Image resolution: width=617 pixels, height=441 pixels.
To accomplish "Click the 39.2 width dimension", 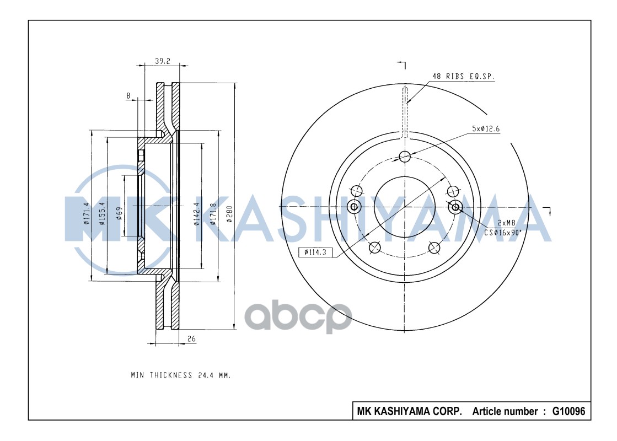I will (162, 61).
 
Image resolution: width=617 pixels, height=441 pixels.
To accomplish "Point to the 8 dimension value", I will (128, 95).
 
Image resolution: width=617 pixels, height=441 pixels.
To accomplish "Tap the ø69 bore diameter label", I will (119, 214).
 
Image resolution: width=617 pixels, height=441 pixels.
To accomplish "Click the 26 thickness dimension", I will (191, 340).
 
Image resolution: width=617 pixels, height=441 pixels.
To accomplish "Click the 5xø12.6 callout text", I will (486, 128).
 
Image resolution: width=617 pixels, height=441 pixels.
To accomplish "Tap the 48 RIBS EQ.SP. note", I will (463, 77).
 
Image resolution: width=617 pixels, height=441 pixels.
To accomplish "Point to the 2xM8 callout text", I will (506, 223).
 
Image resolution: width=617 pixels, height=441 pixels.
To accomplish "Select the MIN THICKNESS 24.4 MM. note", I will (180, 375).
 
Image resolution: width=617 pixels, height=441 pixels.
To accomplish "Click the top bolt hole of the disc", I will (405, 157).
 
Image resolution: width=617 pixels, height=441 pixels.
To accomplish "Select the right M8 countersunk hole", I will (455, 207).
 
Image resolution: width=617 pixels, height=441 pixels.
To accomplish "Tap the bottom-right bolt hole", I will (435, 248).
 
